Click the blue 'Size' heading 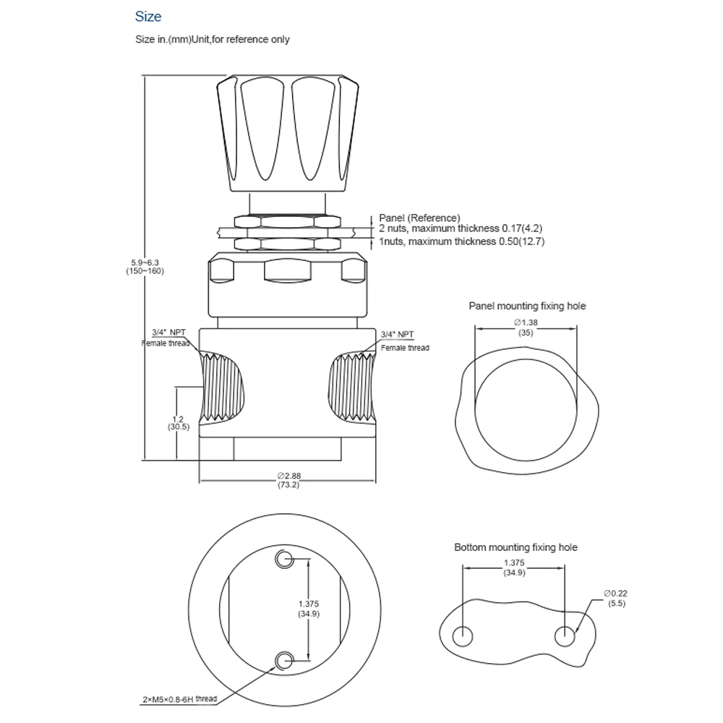[x=148, y=17]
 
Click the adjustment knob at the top [x=277, y=134]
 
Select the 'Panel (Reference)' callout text [x=419, y=218]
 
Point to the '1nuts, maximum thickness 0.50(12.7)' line [x=462, y=241]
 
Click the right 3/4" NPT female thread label [x=402, y=341]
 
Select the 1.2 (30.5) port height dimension [x=178, y=422]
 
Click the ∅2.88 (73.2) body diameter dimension [x=288, y=480]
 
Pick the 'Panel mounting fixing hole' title [x=527, y=306]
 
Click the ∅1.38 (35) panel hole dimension [x=525, y=327]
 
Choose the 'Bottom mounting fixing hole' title [x=515, y=547]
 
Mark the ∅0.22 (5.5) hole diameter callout [x=617, y=597]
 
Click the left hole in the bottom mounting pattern [x=462, y=636]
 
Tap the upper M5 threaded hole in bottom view [x=284, y=558]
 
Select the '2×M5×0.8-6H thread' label [x=179, y=699]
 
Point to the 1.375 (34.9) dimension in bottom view [x=309, y=609]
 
